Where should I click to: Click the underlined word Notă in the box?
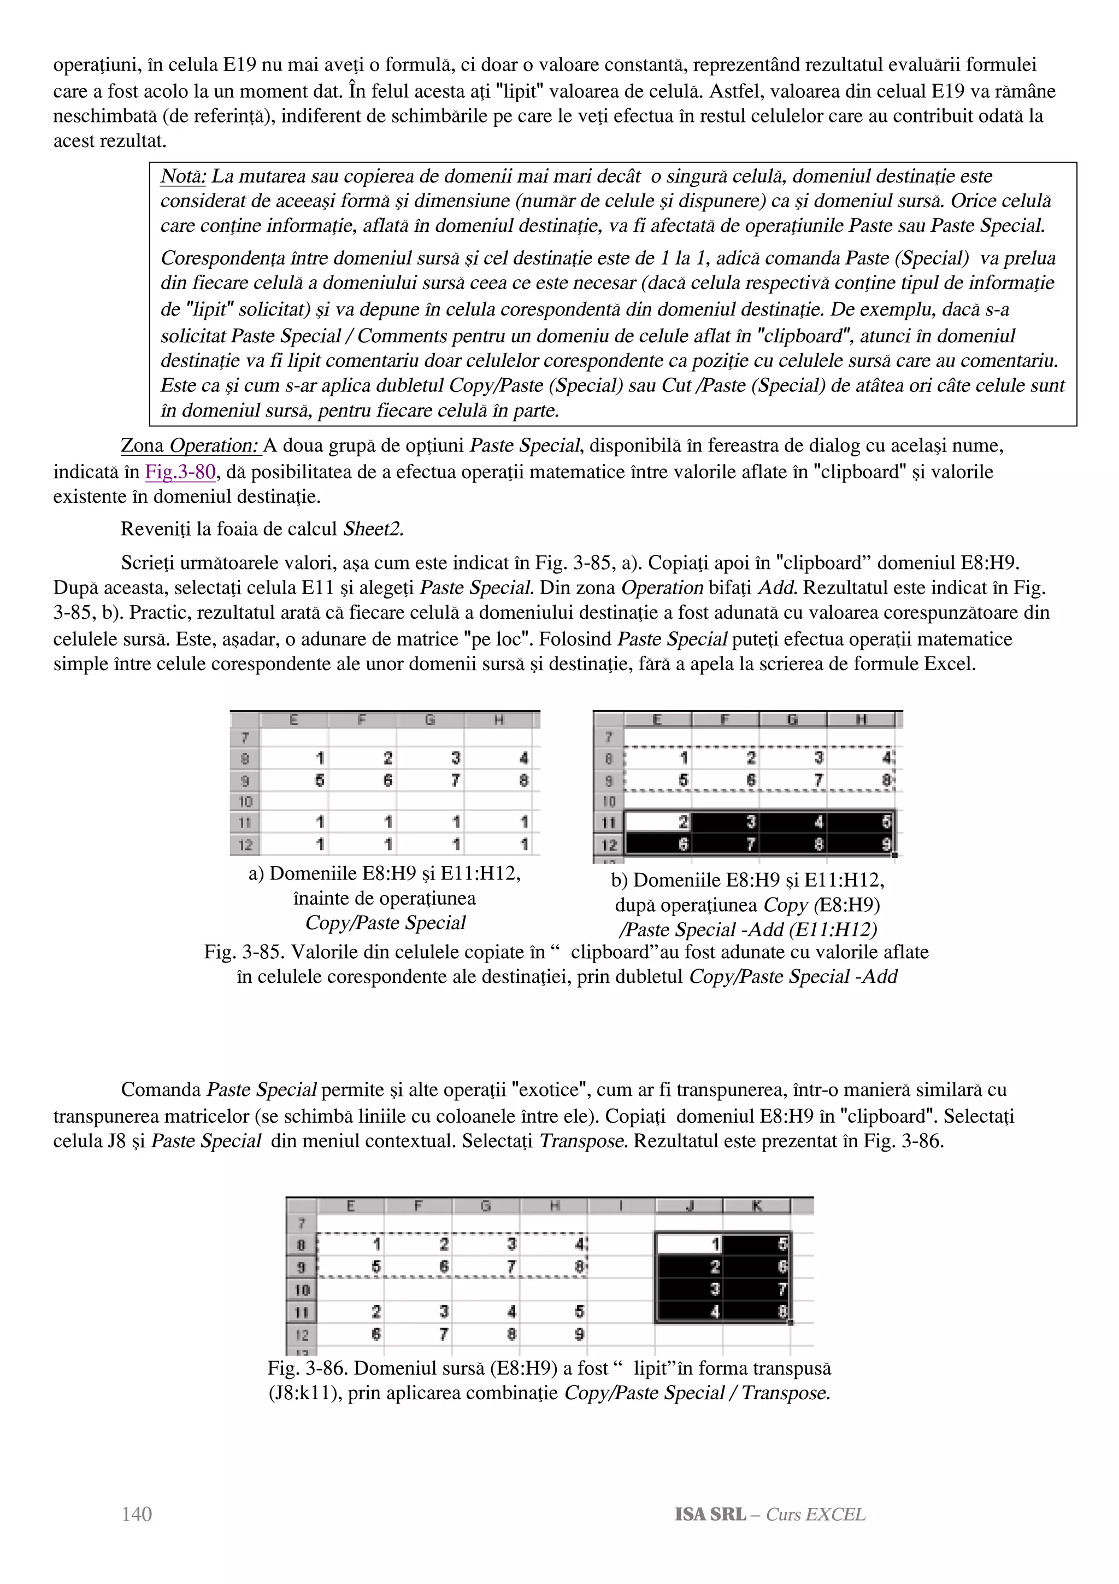tap(182, 177)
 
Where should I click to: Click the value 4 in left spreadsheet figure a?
tap(524, 758)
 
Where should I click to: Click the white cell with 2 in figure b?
tap(658, 822)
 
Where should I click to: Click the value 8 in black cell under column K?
tap(782, 1311)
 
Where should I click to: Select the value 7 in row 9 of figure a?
tap(456, 781)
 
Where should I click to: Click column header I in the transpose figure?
tap(621, 1206)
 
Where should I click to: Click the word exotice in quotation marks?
tap(550, 1090)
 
